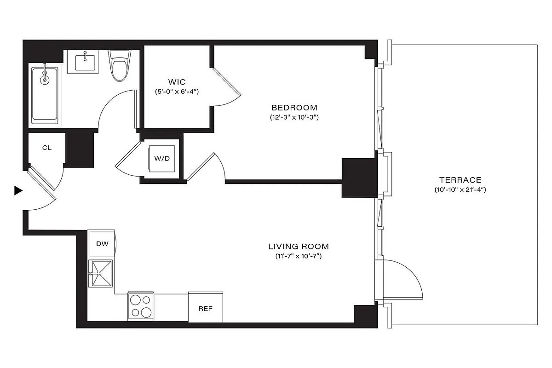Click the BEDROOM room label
pos(294,108)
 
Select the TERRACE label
pos(460,180)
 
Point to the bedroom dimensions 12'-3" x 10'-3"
pos(294,117)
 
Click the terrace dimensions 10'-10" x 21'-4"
pos(460,190)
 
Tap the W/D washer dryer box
pos(162,159)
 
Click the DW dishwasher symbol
pos(102,244)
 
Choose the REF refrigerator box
pos(206,308)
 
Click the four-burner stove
pos(141,306)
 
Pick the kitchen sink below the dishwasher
pos(101,273)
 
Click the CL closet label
pos(46,148)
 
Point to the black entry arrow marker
pos(18,190)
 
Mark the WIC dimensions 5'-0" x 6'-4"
pos(177,92)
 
